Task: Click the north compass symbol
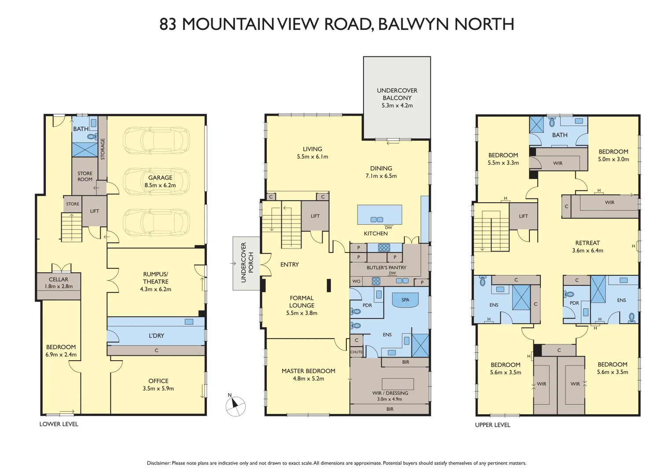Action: point(235,406)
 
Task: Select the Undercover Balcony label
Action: point(397,94)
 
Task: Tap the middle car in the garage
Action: point(156,181)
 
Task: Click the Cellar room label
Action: point(59,280)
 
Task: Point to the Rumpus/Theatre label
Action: point(155,278)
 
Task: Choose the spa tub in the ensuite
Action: point(405,300)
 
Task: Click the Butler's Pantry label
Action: point(386,267)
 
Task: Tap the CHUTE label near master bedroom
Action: point(356,352)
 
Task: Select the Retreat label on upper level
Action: point(588,243)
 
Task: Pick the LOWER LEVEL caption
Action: point(59,424)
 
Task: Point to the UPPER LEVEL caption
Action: point(492,425)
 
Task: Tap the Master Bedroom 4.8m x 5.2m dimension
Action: point(308,379)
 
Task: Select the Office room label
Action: point(158,381)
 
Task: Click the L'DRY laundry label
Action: point(156,336)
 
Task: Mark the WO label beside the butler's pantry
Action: point(356,281)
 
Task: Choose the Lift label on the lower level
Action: point(95,211)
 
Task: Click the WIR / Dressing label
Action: point(390,393)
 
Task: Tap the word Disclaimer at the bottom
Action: point(158,463)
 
